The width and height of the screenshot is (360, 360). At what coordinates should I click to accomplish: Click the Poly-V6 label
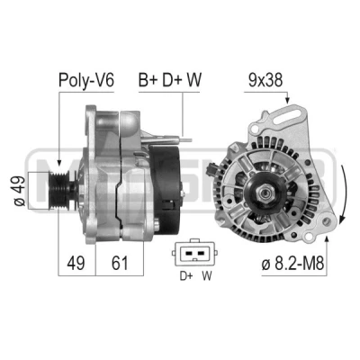pyautogui.click(x=86, y=80)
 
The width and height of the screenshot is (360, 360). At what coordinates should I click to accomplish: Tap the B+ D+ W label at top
pyautogui.click(x=170, y=80)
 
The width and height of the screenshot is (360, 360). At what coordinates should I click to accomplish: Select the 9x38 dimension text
pyautogui.click(x=265, y=80)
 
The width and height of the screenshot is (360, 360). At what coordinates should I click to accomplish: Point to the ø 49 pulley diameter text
pyautogui.click(x=20, y=191)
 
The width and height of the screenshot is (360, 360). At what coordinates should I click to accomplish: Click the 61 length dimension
pyautogui.click(x=120, y=263)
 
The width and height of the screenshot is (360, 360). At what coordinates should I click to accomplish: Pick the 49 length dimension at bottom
pyautogui.click(x=76, y=263)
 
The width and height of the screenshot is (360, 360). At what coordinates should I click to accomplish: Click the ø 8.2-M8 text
pyautogui.click(x=292, y=264)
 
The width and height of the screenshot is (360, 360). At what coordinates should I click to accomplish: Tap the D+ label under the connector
pyautogui.click(x=186, y=276)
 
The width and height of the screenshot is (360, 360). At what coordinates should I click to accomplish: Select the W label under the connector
pyautogui.click(x=207, y=276)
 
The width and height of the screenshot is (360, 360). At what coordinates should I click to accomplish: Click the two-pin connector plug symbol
pyautogui.click(x=194, y=253)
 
